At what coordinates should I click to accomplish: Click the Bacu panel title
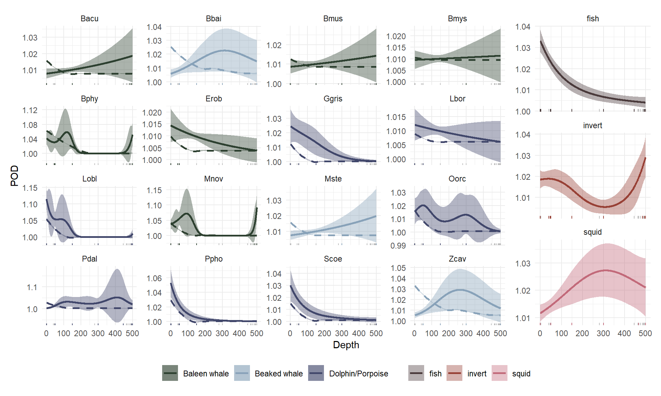(90, 19)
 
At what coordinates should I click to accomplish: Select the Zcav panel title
(457, 259)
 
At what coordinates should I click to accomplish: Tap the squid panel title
(592, 232)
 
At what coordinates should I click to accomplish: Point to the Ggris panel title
(333, 99)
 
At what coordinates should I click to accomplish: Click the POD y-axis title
(14, 176)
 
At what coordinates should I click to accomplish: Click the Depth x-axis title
(346, 345)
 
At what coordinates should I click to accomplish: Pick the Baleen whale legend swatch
(170, 373)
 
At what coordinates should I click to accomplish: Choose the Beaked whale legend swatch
(242, 373)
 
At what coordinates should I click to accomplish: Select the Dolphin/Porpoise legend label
(358, 374)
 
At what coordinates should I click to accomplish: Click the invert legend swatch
(454, 373)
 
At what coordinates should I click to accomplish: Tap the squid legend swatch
(500, 373)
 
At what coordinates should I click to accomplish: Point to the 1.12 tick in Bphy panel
(30, 110)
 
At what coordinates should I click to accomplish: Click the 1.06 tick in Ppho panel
(154, 278)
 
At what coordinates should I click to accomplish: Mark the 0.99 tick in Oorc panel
(398, 246)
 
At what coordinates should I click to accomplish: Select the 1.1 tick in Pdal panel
(32, 287)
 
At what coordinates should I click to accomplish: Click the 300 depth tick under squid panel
(603, 333)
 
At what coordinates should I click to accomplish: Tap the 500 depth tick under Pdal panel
(132, 333)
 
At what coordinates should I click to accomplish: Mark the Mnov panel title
(213, 179)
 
